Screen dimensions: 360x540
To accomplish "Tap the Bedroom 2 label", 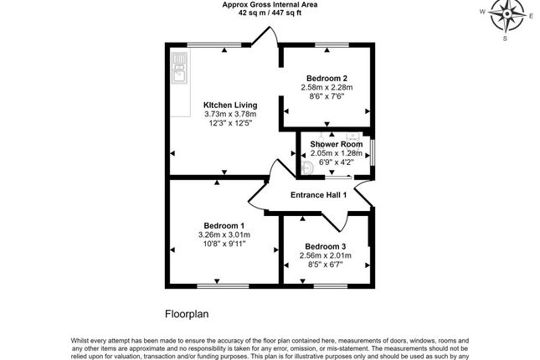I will tap(327, 78).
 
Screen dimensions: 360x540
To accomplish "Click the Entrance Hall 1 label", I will tap(318, 195).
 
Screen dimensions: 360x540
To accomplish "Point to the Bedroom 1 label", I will tap(224, 225).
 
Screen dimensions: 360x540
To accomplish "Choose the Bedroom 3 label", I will tap(326, 246).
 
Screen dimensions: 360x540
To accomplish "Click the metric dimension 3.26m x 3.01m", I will tap(224, 235).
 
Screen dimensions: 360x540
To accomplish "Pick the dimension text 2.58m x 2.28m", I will tap(327, 87).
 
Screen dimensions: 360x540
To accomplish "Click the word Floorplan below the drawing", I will tap(185, 315).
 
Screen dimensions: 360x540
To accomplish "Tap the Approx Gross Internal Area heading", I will tap(269, 4).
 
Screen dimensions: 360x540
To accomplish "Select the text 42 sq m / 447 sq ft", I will tap(269, 13).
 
